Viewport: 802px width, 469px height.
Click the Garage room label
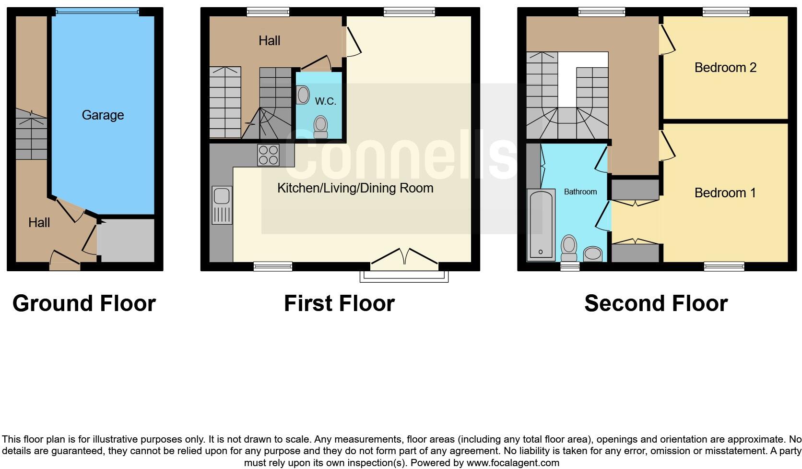103,115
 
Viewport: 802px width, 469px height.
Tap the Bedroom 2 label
725,68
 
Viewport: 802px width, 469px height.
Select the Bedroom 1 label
725,193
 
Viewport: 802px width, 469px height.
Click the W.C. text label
325,101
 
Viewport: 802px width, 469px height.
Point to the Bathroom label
580,192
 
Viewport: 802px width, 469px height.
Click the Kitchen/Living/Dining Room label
355,188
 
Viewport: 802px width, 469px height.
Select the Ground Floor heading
84,303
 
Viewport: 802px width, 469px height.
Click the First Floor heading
339,303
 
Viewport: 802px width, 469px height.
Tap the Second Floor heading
656,303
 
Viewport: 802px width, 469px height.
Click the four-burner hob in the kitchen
268,155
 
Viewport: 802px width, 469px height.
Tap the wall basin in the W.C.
303,95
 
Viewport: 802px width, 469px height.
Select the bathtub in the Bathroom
540,225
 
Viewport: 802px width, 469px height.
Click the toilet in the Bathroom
569,248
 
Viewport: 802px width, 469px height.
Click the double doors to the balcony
404,256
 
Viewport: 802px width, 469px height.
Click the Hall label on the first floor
269,41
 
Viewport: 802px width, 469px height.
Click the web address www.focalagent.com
513,463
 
